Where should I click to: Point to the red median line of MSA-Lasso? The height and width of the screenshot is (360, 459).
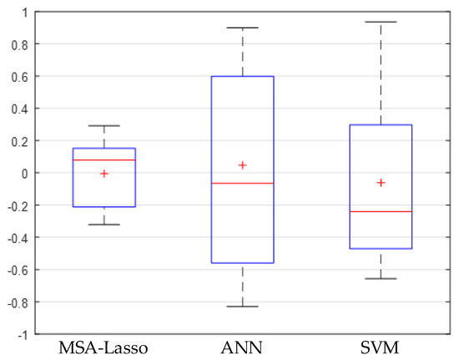pos(103,160)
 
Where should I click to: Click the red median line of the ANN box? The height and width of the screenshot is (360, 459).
pos(242,183)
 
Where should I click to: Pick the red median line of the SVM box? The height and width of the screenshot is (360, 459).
pos(381,211)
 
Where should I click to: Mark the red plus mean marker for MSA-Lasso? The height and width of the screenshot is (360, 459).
pos(103,174)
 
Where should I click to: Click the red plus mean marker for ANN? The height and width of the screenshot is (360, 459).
pos(242,165)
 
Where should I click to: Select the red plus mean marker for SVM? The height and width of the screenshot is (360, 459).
pos(381,182)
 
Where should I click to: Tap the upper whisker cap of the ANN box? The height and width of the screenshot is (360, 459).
pos(242,28)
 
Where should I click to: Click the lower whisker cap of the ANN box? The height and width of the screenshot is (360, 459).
pos(242,307)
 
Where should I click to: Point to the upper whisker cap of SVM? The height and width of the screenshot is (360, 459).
pos(381,22)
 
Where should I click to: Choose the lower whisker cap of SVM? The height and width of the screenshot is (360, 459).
pos(381,278)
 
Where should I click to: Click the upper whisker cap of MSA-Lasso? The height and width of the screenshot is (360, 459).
pos(103,126)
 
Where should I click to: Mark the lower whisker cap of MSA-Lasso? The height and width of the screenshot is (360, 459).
pos(103,225)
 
